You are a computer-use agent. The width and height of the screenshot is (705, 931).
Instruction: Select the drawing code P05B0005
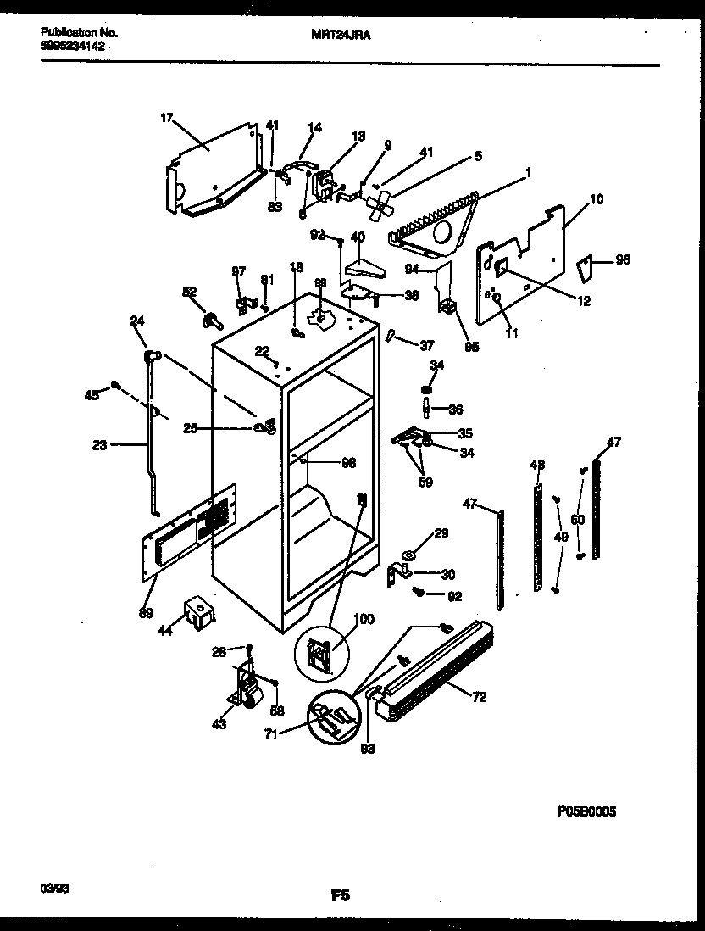[586, 811]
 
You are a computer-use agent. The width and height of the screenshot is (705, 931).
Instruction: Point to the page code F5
[342, 894]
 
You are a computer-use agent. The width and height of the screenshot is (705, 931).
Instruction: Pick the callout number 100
[362, 621]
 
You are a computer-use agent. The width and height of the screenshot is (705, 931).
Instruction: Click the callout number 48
[536, 465]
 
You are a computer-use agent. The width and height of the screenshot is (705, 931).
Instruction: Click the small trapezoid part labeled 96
[584, 270]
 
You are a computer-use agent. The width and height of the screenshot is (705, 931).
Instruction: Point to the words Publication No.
[79, 32]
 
